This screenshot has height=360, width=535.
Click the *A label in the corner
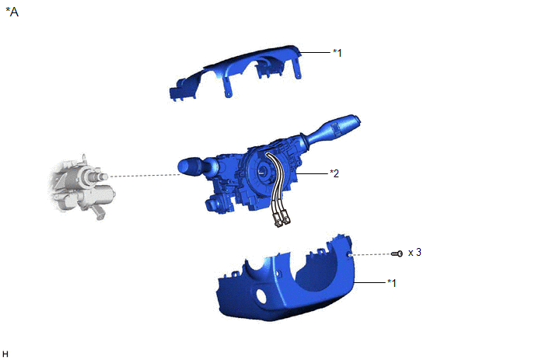pos(12,12)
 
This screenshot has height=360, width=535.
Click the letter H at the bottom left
pos(5,354)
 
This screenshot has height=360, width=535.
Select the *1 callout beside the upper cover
pos(337,53)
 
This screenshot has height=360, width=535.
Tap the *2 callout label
pos(334,173)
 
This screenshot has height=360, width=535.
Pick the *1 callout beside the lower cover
pos(392,283)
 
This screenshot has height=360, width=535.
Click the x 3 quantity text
pos(414,253)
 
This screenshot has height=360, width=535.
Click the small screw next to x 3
pos(397,253)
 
